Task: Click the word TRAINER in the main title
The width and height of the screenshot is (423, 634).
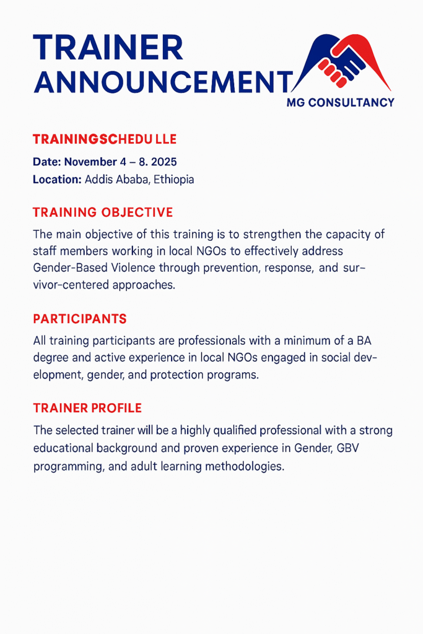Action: [108, 48]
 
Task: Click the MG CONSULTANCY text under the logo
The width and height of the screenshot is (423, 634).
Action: [341, 103]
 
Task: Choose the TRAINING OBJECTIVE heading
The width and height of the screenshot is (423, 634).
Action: [103, 212]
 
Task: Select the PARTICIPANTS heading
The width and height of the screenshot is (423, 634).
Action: [80, 319]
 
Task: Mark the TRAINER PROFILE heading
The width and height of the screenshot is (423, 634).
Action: [87, 408]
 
